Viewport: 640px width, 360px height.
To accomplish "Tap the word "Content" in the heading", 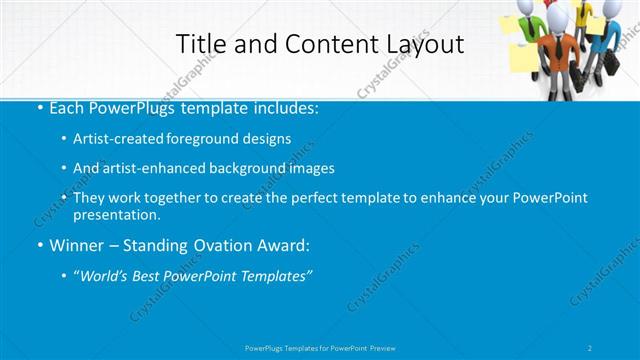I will coord(326,44).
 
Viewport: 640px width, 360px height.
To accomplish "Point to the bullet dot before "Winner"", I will coord(38,245).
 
